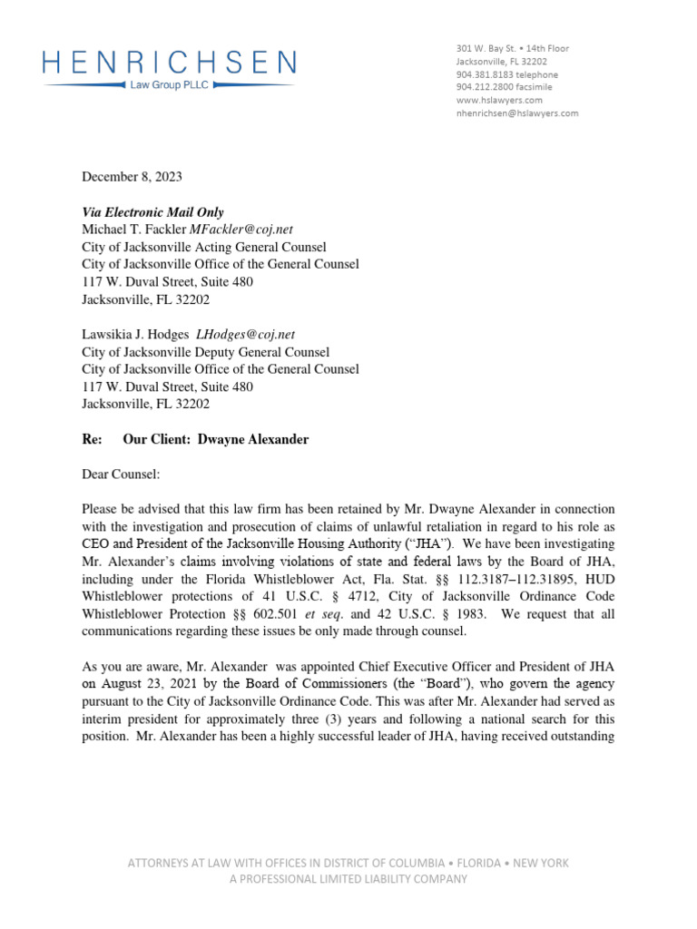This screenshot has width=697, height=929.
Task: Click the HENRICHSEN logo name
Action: point(169,63)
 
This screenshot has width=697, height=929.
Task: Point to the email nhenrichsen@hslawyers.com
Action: point(516,113)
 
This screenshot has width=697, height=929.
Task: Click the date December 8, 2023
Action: point(132,177)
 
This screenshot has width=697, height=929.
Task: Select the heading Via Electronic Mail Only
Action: point(152,212)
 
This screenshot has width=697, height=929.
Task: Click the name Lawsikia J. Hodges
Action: point(135,335)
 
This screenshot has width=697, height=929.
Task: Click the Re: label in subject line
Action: point(92,440)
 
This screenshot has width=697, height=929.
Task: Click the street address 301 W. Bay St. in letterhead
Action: point(485,48)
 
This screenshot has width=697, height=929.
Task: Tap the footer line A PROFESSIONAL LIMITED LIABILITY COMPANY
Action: point(348,879)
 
